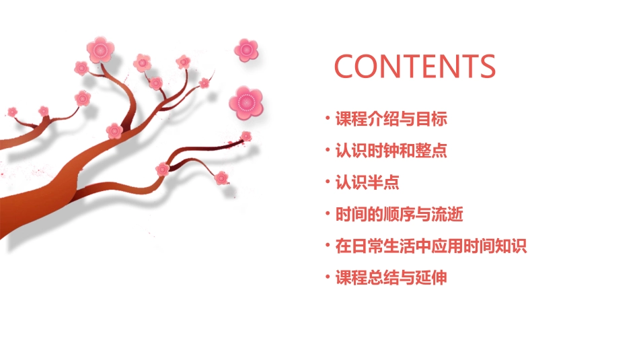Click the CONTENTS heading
pyautogui.click(x=415, y=66)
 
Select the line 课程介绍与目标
pyautogui.click(x=391, y=120)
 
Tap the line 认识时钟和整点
pyautogui.click(x=391, y=151)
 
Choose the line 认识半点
pyautogui.click(x=367, y=182)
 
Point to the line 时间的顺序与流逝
pyautogui.click(x=399, y=215)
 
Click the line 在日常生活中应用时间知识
pyautogui.click(x=430, y=246)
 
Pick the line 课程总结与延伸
pyautogui.click(x=391, y=277)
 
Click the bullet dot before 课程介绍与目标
pyautogui.click(x=328, y=120)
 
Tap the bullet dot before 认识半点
pyautogui.click(x=328, y=182)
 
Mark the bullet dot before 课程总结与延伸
pyautogui.click(x=328, y=277)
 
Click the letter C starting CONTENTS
pyautogui.click(x=346, y=66)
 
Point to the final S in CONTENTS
pyautogui.click(x=486, y=66)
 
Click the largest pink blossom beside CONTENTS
pyautogui.click(x=246, y=102)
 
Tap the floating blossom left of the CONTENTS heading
pyautogui.click(x=246, y=49)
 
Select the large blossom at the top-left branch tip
pyautogui.click(x=101, y=50)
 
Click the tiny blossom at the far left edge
pyautogui.click(x=12, y=112)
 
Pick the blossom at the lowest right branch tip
pyautogui.click(x=221, y=178)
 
